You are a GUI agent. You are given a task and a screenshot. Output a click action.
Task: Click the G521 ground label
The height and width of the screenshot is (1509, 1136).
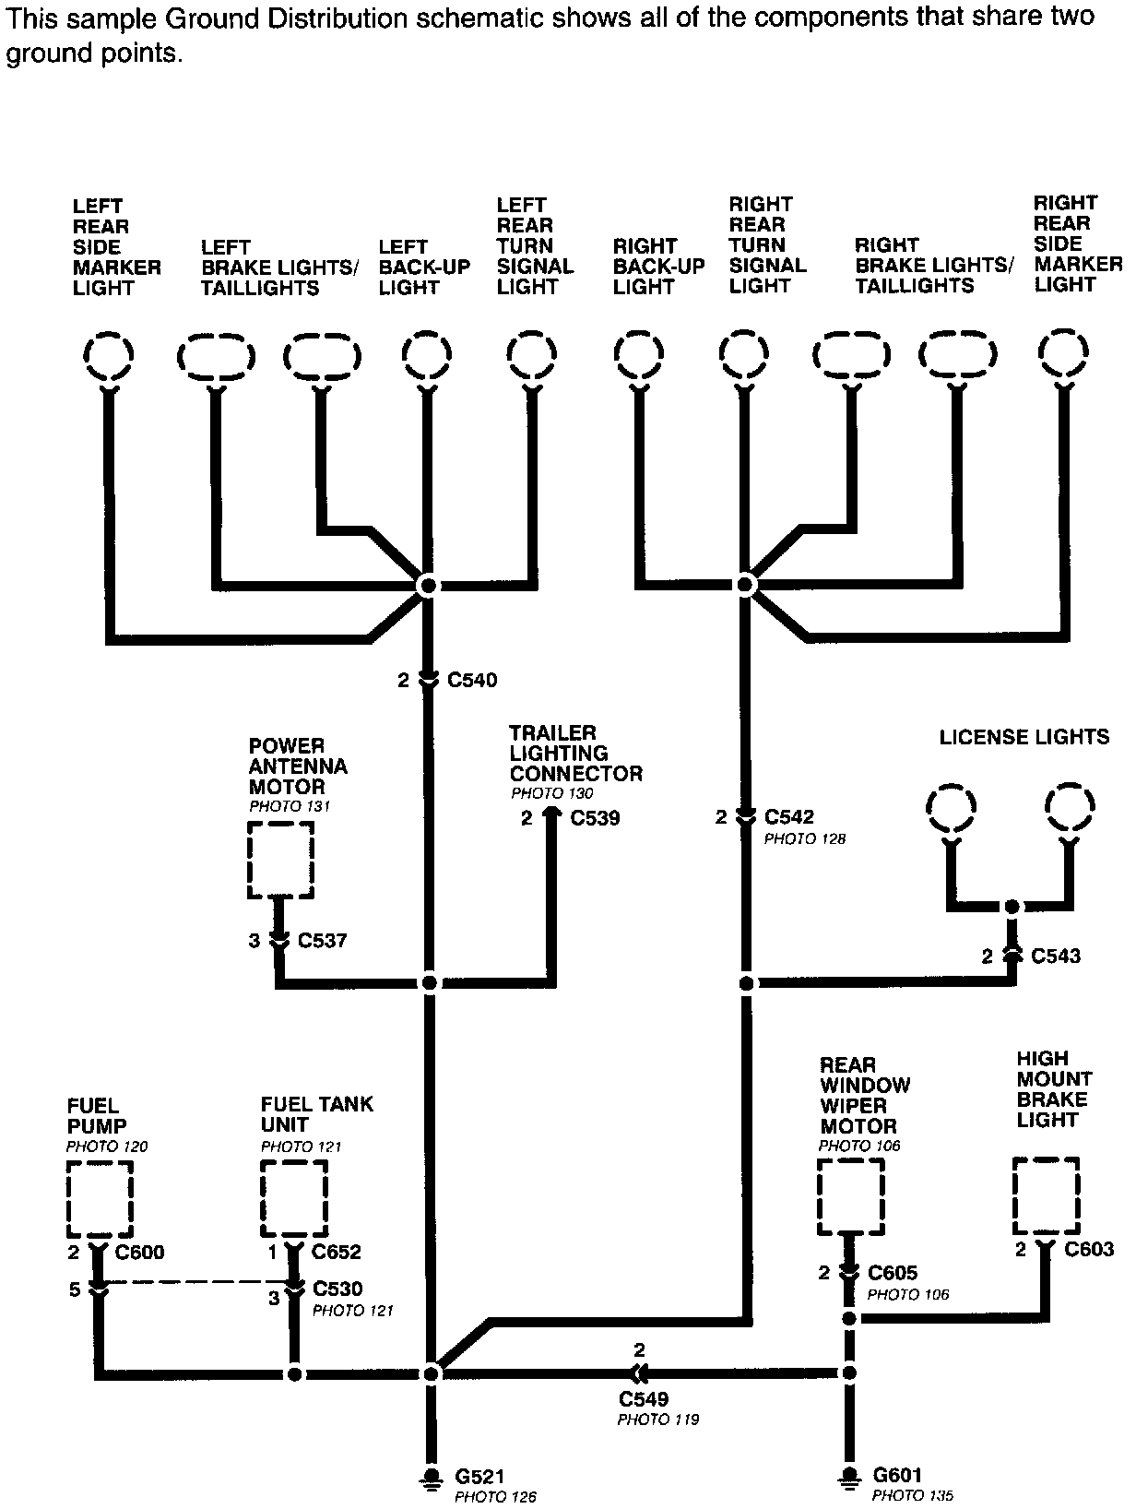coord(480,1477)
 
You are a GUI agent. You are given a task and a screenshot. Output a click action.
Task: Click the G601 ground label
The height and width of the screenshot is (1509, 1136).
coord(897,1476)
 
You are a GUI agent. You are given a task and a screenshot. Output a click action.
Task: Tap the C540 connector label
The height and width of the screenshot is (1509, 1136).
coord(472,681)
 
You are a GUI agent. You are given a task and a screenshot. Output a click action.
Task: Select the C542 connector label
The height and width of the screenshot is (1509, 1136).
coord(789,817)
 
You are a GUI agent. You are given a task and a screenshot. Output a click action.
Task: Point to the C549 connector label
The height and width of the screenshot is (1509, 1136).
coord(644,1400)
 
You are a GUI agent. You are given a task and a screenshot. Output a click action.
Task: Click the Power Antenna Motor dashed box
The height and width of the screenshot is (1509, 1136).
coord(281,861)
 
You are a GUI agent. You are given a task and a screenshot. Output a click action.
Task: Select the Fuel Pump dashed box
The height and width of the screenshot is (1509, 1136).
coord(100,1199)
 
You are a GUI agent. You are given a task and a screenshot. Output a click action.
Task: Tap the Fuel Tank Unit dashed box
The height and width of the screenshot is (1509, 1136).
coord(294,1199)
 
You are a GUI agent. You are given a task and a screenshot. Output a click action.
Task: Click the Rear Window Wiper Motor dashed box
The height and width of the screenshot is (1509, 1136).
coord(851,1197)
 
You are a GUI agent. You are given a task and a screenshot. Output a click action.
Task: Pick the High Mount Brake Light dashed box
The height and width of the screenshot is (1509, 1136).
coord(1046,1196)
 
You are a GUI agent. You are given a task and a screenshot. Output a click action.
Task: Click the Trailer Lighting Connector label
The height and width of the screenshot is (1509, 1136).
coord(575,753)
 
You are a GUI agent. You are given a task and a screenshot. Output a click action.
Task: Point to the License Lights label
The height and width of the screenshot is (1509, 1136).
coord(1024,737)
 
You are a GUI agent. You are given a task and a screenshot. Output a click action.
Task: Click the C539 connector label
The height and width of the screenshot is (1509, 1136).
coord(595,818)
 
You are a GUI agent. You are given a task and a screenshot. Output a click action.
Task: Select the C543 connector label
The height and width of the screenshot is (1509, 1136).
coord(1056,956)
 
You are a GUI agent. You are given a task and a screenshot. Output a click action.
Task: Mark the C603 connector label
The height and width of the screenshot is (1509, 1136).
coord(1089,1250)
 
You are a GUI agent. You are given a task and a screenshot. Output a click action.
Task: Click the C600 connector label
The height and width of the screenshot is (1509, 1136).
coord(139,1253)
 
